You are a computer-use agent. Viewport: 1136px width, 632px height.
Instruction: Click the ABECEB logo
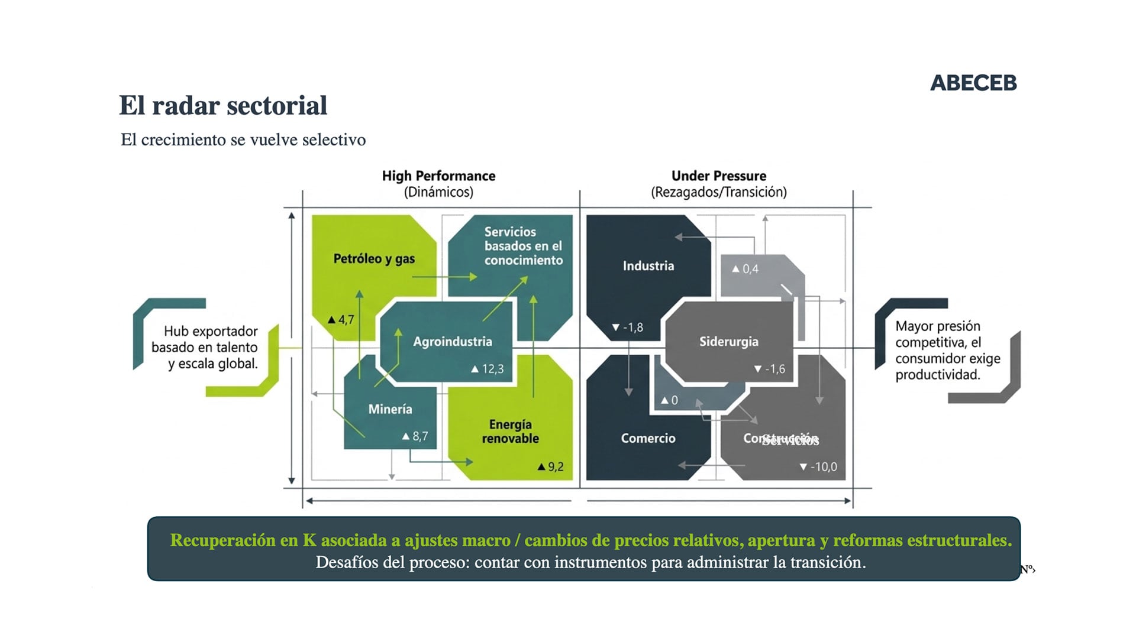[x=973, y=83]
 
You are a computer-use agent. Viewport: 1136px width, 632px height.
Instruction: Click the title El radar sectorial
[x=223, y=106]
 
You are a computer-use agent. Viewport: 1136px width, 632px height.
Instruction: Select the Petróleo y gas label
[x=374, y=259]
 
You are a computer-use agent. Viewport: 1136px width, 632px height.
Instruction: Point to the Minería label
[x=390, y=409]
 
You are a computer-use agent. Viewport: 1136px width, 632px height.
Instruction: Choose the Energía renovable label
[x=510, y=432]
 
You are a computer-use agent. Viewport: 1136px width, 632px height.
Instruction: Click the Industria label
[x=648, y=266]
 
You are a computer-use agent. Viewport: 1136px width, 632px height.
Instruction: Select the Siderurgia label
[x=728, y=342]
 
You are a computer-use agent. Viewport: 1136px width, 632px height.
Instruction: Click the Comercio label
[x=648, y=438]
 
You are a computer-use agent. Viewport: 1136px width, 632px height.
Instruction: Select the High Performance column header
[x=438, y=176]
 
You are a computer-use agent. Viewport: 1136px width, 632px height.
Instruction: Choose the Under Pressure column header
[x=718, y=176]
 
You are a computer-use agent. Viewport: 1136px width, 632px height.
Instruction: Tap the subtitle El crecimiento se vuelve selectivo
[x=243, y=140]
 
